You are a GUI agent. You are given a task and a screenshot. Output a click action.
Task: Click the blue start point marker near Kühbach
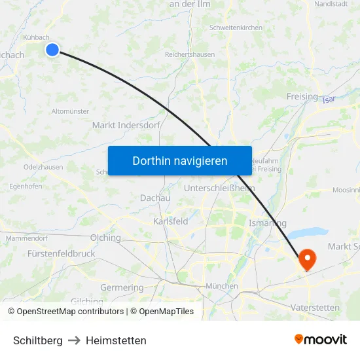(52, 50)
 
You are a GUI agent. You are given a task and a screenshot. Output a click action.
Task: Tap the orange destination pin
(306, 260)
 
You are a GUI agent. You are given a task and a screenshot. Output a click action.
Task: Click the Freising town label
(302, 97)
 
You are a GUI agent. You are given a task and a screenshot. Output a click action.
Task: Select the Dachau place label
(155, 198)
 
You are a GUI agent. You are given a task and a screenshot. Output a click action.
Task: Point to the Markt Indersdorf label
(126, 125)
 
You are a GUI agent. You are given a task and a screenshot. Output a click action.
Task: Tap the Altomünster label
(70, 111)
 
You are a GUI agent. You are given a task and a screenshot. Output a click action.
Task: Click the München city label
(221, 286)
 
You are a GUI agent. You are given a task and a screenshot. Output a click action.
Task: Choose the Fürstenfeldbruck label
(62, 253)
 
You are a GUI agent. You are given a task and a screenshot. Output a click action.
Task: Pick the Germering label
(122, 288)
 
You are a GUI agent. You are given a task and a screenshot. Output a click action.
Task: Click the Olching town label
(105, 238)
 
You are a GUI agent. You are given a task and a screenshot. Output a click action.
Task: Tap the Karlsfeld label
(170, 221)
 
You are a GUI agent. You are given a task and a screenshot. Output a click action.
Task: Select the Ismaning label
(268, 223)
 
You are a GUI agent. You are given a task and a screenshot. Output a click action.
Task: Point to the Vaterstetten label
(315, 307)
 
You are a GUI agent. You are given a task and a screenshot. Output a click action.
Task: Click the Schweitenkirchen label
(236, 28)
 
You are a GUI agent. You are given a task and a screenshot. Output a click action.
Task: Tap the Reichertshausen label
(190, 55)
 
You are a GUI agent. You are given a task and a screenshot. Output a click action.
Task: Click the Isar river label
(329, 99)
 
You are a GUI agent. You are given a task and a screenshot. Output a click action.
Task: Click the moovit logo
(320, 340)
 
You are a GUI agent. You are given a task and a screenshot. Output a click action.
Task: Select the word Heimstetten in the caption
(116, 340)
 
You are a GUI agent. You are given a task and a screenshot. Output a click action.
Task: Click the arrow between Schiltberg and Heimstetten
(74, 340)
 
